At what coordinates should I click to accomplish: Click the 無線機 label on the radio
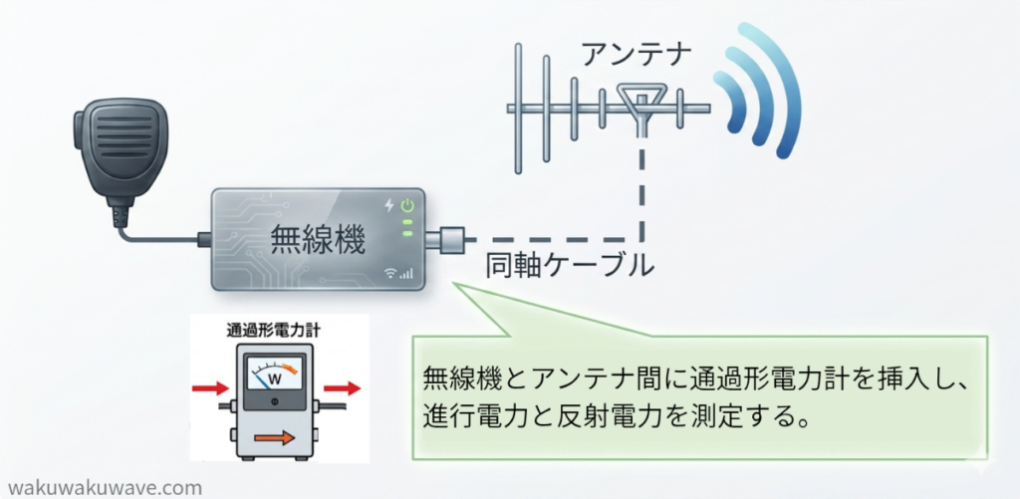318,241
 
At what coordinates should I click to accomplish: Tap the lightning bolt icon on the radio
389,206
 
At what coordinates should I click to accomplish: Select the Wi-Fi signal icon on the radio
390,273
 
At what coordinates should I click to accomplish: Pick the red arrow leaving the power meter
342,388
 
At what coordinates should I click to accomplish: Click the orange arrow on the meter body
273,438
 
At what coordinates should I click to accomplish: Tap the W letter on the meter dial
274,378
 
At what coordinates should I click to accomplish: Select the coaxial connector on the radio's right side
445,239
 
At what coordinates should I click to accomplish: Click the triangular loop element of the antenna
640,98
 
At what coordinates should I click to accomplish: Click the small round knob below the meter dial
274,401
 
